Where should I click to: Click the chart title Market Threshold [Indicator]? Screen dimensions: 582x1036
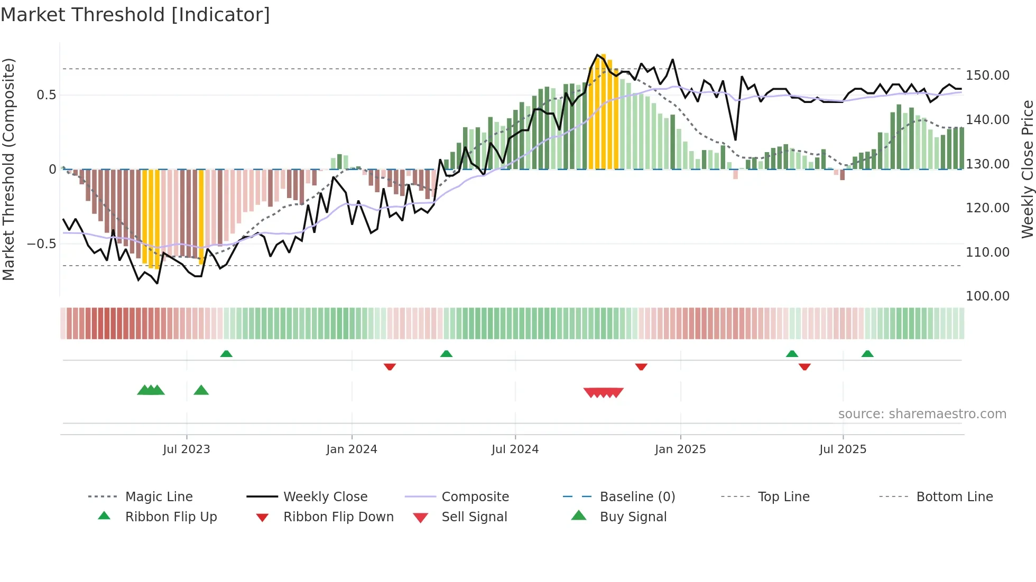135,15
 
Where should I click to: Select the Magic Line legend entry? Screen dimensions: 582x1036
159,497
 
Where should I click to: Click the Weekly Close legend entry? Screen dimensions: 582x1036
325,497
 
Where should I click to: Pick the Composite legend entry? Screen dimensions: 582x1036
475,497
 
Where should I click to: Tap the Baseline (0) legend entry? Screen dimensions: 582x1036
637,497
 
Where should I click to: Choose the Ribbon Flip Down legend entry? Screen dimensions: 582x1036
338,517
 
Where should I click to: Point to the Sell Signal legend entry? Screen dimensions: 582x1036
474,517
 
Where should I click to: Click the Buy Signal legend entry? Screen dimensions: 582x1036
633,517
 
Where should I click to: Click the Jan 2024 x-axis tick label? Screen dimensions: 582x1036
351,449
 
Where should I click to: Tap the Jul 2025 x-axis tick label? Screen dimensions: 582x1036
843,449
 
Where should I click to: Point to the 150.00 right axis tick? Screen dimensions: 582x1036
987,76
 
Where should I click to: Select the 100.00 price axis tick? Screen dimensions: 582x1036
987,296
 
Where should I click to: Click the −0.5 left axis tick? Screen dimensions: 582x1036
41,244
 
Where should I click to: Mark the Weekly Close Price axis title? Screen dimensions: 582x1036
1027,169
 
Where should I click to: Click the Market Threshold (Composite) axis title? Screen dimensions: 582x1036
8,169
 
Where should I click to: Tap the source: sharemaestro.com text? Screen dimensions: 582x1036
922,414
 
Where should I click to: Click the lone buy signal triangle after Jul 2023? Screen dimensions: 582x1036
201,390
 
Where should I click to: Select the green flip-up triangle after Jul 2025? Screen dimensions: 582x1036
867,354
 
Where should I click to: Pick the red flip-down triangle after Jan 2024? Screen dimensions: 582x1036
390,367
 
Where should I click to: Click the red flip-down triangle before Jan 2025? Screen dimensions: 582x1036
641,367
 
